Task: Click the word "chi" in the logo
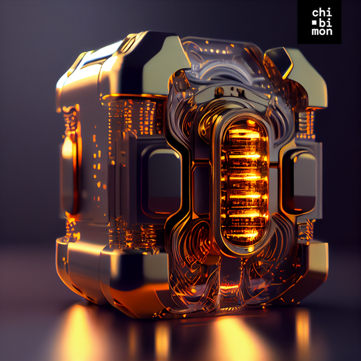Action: pyautogui.click(x=322, y=12)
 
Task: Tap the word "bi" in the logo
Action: pyautogui.click(x=326, y=22)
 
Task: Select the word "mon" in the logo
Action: pyautogui.click(x=322, y=31)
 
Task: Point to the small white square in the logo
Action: pyautogui.click(x=314, y=23)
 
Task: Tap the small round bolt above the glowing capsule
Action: pyautogui.click(x=219, y=90)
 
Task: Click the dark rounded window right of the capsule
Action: pyautogui.click(x=299, y=182)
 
